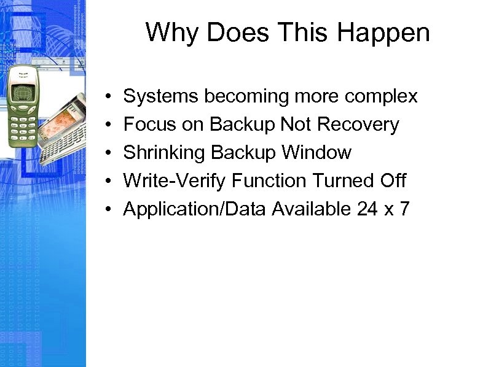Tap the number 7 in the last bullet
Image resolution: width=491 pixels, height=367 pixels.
coord(404,209)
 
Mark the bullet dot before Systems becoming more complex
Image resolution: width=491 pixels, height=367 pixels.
coord(107,97)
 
